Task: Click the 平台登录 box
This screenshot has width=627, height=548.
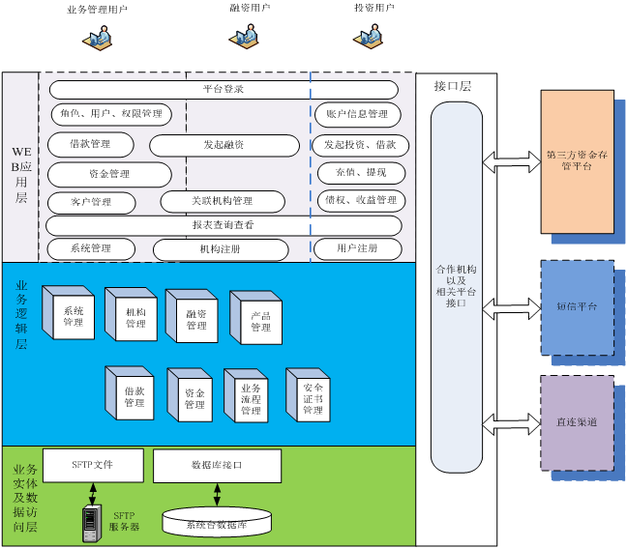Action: tap(224, 90)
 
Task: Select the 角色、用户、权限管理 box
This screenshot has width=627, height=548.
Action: tap(110, 114)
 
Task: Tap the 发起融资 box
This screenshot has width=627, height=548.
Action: tap(224, 145)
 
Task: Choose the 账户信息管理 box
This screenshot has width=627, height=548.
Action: tap(357, 114)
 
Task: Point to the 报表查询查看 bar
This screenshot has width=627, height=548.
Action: tap(224, 225)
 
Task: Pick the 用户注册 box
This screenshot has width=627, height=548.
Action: tap(357, 248)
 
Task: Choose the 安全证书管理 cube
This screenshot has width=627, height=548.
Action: tap(311, 397)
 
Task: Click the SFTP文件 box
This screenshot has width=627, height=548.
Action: tap(93, 465)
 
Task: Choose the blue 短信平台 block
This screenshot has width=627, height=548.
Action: tap(577, 306)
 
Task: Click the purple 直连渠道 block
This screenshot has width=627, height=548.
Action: tap(577, 422)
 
